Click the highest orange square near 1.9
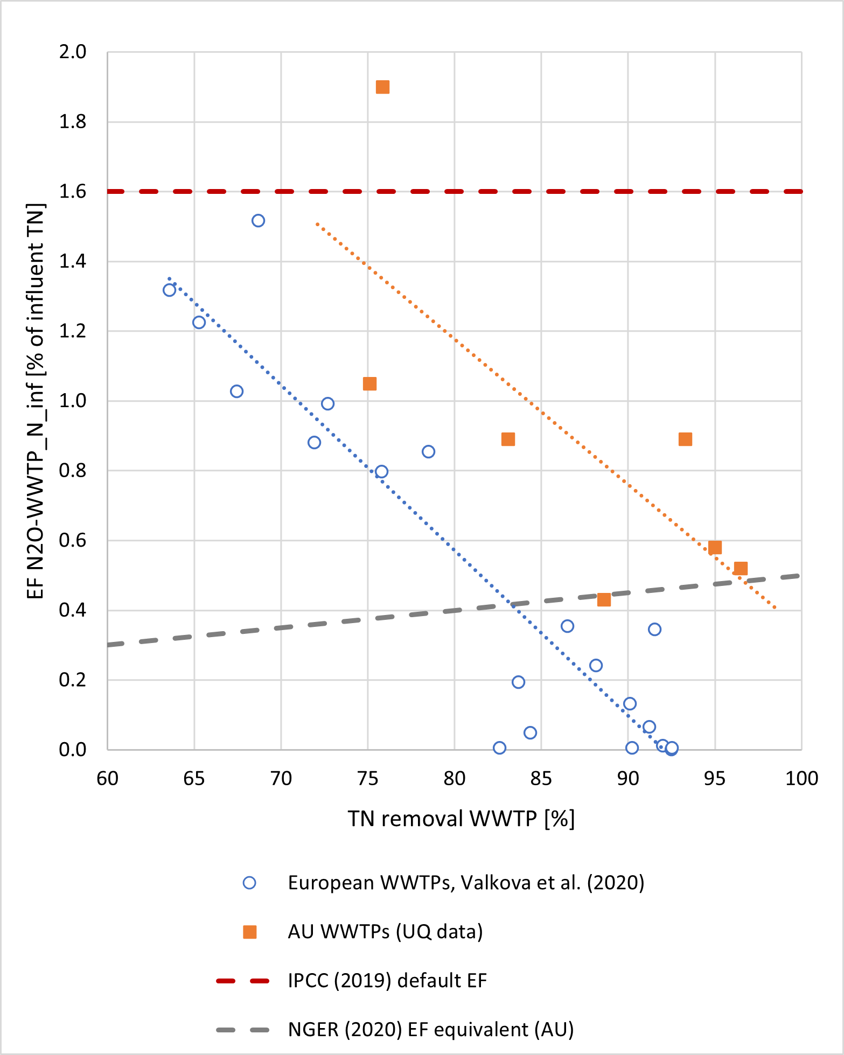coord(382,87)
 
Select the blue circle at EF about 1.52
coord(258,221)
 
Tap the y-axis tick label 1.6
coord(73,192)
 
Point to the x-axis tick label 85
coord(541,779)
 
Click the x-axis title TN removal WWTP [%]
coord(461,819)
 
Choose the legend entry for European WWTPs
coord(466,883)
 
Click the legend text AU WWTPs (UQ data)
coord(385,932)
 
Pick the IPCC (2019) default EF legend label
coord(387,981)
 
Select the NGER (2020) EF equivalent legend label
coord(431,1030)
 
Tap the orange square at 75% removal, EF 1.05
coord(369,384)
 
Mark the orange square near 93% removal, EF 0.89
coord(685,439)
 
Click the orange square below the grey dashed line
coord(604,600)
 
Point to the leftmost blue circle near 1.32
coord(169,290)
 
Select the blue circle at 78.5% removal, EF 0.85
coord(428,452)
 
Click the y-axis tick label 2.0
coord(73,52)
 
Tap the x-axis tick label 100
coord(801,779)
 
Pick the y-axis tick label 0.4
coord(73,611)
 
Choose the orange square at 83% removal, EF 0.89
coord(508,439)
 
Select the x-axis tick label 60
coord(108,779)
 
